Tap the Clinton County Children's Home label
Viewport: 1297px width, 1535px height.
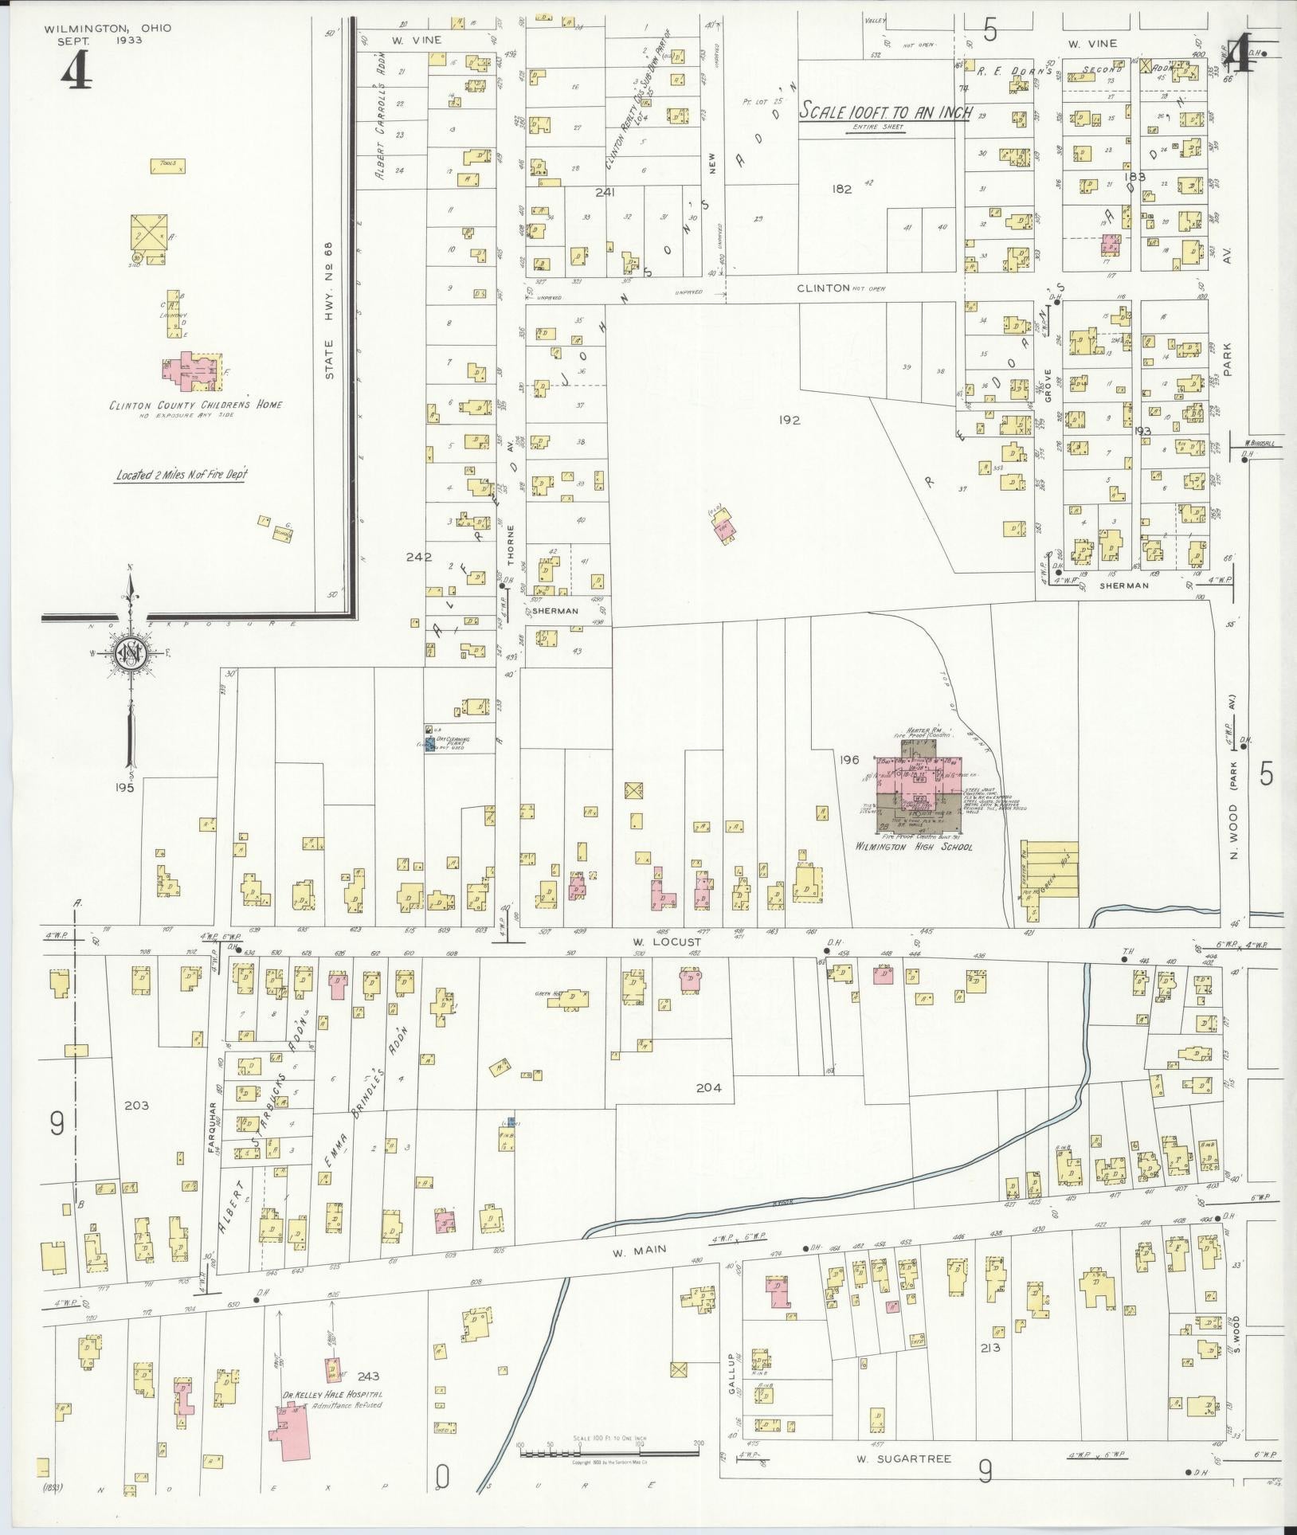[196, 405]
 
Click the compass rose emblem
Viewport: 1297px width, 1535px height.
[128, 653]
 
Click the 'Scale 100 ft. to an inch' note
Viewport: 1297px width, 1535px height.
[885, 112]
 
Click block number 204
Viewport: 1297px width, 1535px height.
[707, 1087]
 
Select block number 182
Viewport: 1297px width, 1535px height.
[841, 189]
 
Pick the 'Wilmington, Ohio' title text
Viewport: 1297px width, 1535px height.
[108, 28]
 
